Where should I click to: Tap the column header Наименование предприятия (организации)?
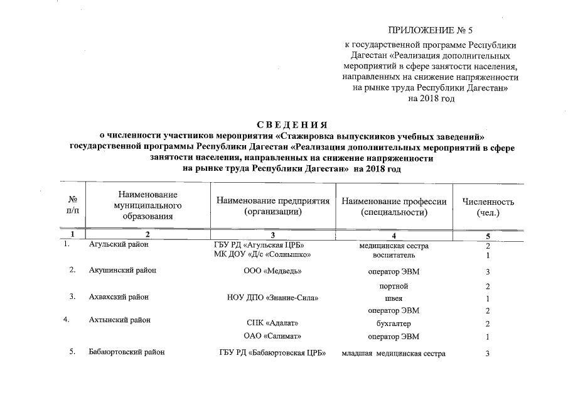[x=273, y=207]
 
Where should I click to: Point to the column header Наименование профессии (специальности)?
[x=394, y=207]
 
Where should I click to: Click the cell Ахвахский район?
[x=119, y=297]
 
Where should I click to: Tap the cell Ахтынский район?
[x=119, y=320]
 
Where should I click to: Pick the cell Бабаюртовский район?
[x=126, y=352]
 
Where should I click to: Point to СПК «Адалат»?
[x=272, y=323]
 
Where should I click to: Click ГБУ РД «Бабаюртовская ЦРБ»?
[x=273, y=353]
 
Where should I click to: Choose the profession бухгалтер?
[x=393, y=323]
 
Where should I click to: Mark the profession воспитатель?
[x=394, y=255]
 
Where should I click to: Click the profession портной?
[x=394, y=286]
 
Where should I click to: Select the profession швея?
[x=394, y=298]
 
